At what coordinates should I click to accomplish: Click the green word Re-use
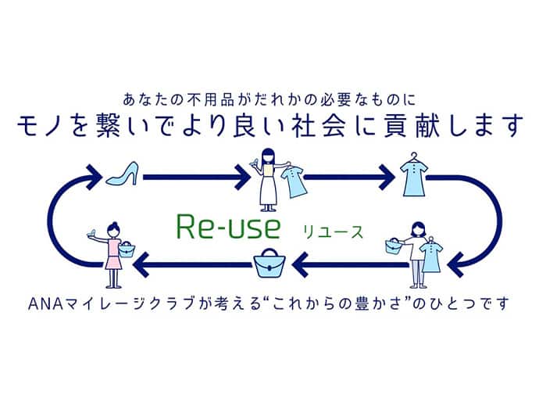point(220,229)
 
